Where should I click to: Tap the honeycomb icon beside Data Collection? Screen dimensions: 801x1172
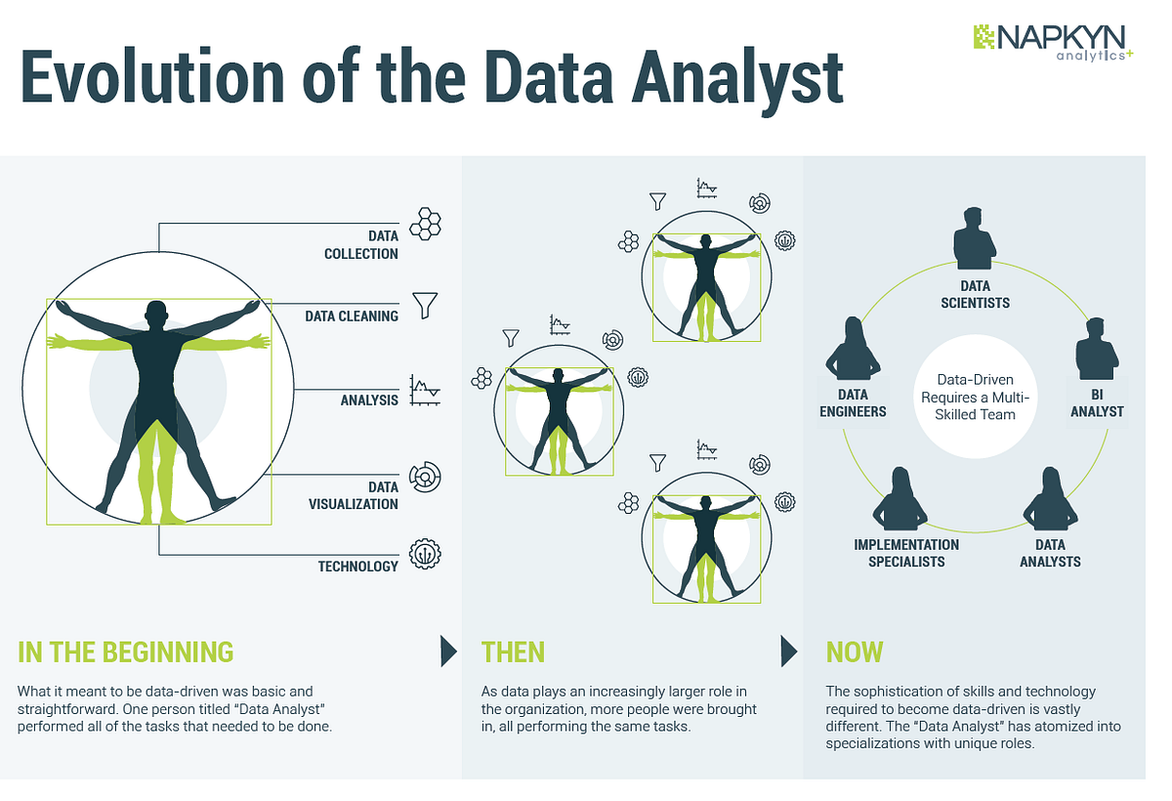pyautogui.click(x=425, y=224)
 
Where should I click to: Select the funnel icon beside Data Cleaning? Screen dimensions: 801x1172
pyautogui.click(x=425, y=305)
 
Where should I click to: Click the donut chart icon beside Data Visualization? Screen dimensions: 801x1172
pyautogui.click(x=426, y=476)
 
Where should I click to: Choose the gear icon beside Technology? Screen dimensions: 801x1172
pyautogui.click(x=425, y=555)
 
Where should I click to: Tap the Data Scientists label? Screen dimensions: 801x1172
pyautogui.click(x=975, y=294)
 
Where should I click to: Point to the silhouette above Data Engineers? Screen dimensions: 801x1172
pyautogui.click(x=853, y=350)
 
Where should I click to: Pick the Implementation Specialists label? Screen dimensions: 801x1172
pyautogui.click(x=906, y=553)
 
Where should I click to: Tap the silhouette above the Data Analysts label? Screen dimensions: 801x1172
pyautogui.click(x=1050, y=500)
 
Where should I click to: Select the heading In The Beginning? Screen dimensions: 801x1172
pyautogui.click(x=126, y=652)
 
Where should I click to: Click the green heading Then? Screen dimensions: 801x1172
pyautogui.click(x=513, y=652)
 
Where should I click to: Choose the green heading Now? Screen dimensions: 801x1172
pyautogui.click(x=855, y=652)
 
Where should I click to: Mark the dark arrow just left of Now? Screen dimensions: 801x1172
pyautogui.click(x=789, y=651)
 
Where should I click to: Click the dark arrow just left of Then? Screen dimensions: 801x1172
pyautogui.click(x=448, y=651)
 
